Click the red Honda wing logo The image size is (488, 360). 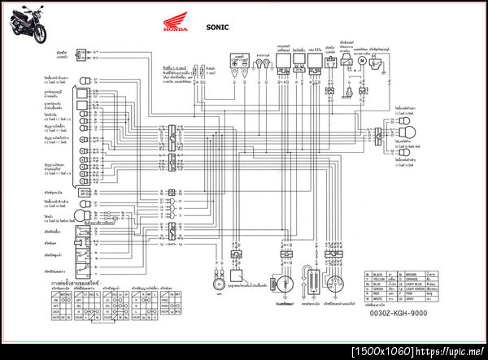[x=174, y=25]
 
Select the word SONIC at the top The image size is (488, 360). [x=218, y=27]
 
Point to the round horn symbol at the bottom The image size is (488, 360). [x=218, y=288]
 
